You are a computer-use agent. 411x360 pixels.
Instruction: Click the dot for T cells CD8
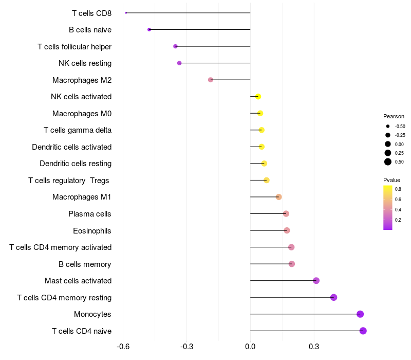pos(126,13)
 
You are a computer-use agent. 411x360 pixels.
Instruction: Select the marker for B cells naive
pos(149,30)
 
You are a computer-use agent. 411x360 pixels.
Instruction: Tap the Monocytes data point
pos(360,314)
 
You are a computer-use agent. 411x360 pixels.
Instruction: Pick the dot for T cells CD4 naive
pos(363,331)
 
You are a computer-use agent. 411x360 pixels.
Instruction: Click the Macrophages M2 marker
pos(211,80)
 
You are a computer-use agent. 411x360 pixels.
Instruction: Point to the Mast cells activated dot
pos(316,281)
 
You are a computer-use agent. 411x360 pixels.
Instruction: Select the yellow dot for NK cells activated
pos(258,97)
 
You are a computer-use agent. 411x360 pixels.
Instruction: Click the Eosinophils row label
pos(92,230)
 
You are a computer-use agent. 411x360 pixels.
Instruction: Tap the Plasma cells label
pos(90,214)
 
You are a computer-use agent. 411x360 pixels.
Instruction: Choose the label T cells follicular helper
pos(74,47)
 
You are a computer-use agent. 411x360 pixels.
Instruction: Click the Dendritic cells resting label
pos(76,164)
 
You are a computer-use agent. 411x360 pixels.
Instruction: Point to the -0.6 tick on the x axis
pos(123,347)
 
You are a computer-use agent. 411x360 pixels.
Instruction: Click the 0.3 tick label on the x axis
pos(314,347)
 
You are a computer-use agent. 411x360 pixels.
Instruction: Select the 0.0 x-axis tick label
pos(250,347)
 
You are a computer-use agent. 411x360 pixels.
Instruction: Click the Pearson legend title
pos(394,116)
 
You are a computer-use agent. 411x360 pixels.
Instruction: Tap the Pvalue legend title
pos(391,180)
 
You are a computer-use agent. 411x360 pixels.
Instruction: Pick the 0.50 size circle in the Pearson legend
pos(388,162)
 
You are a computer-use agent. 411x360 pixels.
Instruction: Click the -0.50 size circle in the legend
pos(388,126)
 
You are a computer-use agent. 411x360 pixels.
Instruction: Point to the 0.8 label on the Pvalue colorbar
pos(398,189)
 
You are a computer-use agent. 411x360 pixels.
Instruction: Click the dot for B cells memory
pos(292,264)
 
